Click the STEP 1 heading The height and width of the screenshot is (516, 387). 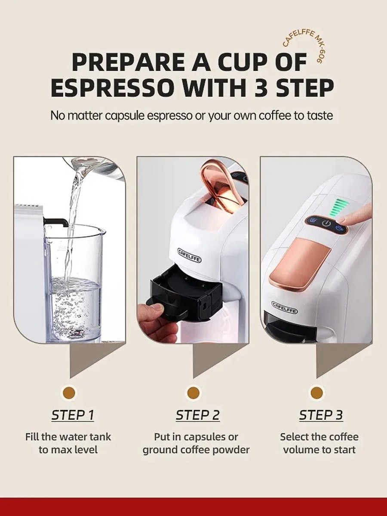coord(73,415)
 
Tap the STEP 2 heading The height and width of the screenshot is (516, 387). coord(198,415)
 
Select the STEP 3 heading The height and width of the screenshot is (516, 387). coord(321,415)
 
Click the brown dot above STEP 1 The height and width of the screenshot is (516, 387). coord(69,392)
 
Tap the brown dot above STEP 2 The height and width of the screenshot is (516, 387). coord(193,392)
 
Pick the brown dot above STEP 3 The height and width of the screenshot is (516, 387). coord(316,392)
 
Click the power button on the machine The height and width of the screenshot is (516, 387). coord(326,224)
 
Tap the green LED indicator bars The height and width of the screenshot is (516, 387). coord(338,207)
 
